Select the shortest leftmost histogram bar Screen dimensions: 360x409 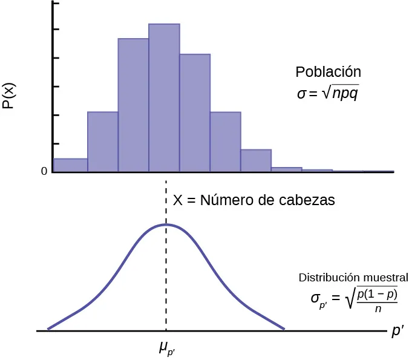(71, 165)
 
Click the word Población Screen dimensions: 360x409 (328, 72)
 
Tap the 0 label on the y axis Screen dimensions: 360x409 (44, 172)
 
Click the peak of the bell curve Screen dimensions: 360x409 (166, 224)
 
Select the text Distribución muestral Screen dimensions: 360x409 (353, 278)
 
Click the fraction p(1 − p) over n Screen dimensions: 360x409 (377, 300)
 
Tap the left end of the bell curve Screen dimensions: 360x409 (48, 329)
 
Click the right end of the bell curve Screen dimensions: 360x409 (283, 329)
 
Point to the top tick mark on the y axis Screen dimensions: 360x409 (56, 4)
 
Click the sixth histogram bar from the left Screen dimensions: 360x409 (226, 142)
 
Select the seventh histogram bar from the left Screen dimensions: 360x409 (256, 161)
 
